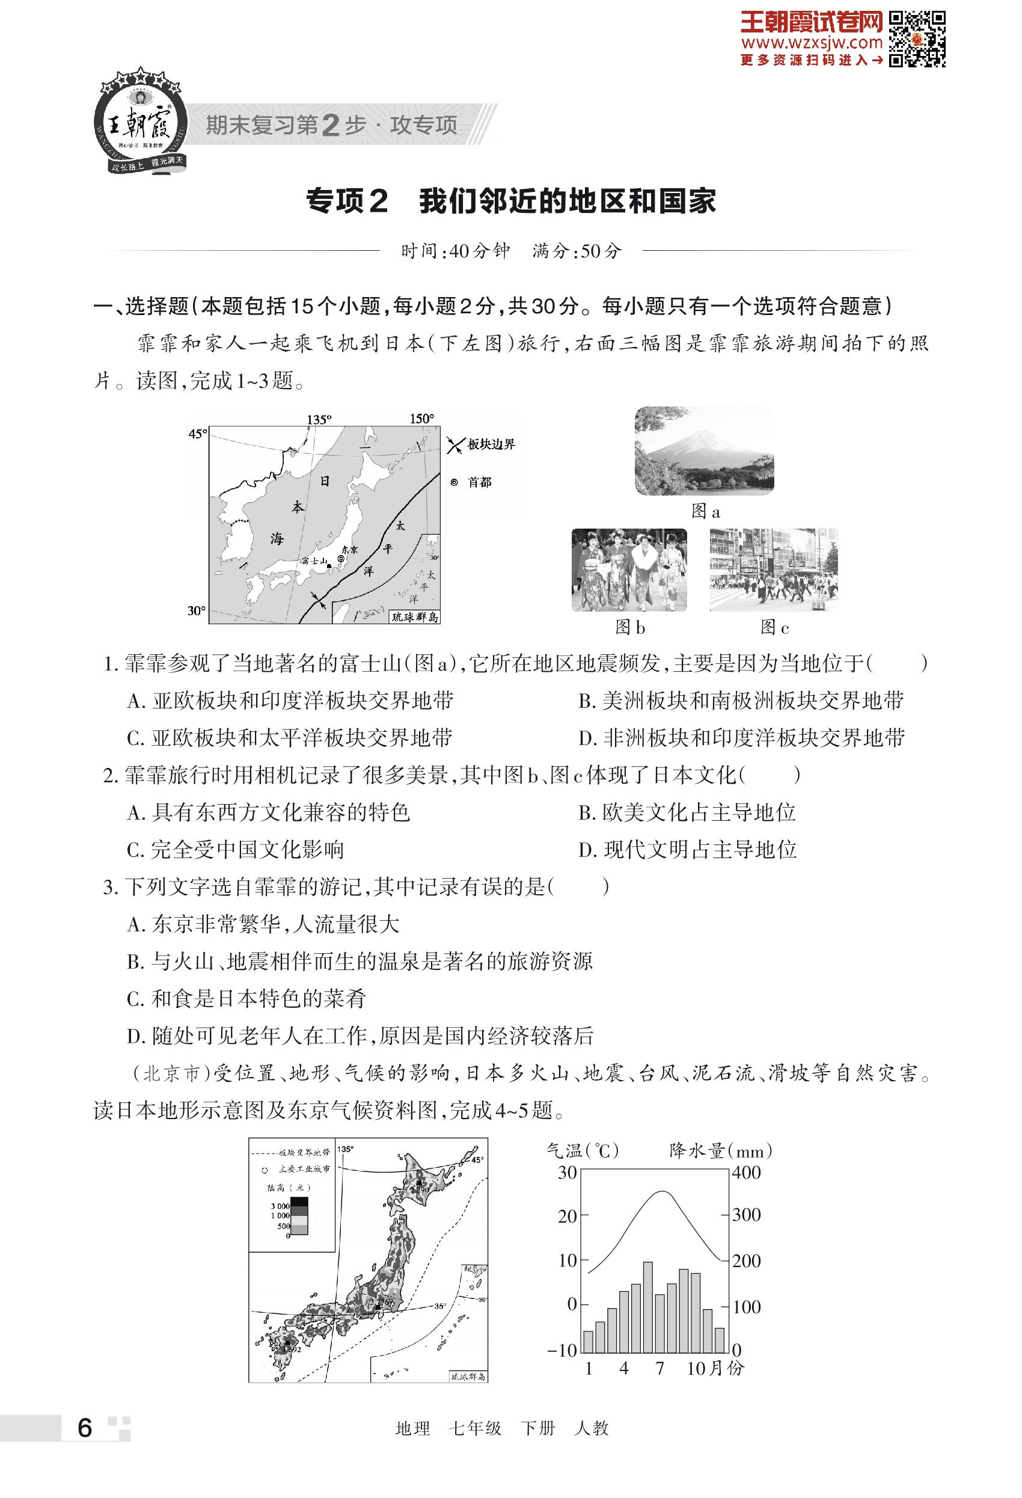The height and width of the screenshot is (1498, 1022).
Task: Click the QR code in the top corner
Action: point(917,38)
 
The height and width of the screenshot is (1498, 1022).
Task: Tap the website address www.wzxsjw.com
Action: point(811,43)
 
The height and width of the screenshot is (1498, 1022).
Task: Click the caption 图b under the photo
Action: point(629,627)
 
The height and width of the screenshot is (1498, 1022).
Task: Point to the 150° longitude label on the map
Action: point(421,419)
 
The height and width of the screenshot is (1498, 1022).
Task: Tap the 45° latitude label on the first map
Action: point(197,434)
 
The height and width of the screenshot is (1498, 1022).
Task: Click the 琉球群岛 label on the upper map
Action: point(415,617)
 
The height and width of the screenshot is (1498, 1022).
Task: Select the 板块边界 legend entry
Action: point(491,444)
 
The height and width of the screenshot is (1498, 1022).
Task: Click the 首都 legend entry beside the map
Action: point(479,482)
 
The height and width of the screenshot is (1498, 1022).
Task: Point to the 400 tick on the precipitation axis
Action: point(746,1173)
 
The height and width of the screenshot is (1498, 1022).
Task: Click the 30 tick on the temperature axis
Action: point(567,1173)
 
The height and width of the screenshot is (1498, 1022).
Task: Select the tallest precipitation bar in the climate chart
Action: point(647,1307)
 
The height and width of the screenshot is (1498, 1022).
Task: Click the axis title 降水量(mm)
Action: point(720,1150)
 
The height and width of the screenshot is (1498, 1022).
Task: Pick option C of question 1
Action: point(290,737)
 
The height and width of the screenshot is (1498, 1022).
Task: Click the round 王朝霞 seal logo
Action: point(140,123)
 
